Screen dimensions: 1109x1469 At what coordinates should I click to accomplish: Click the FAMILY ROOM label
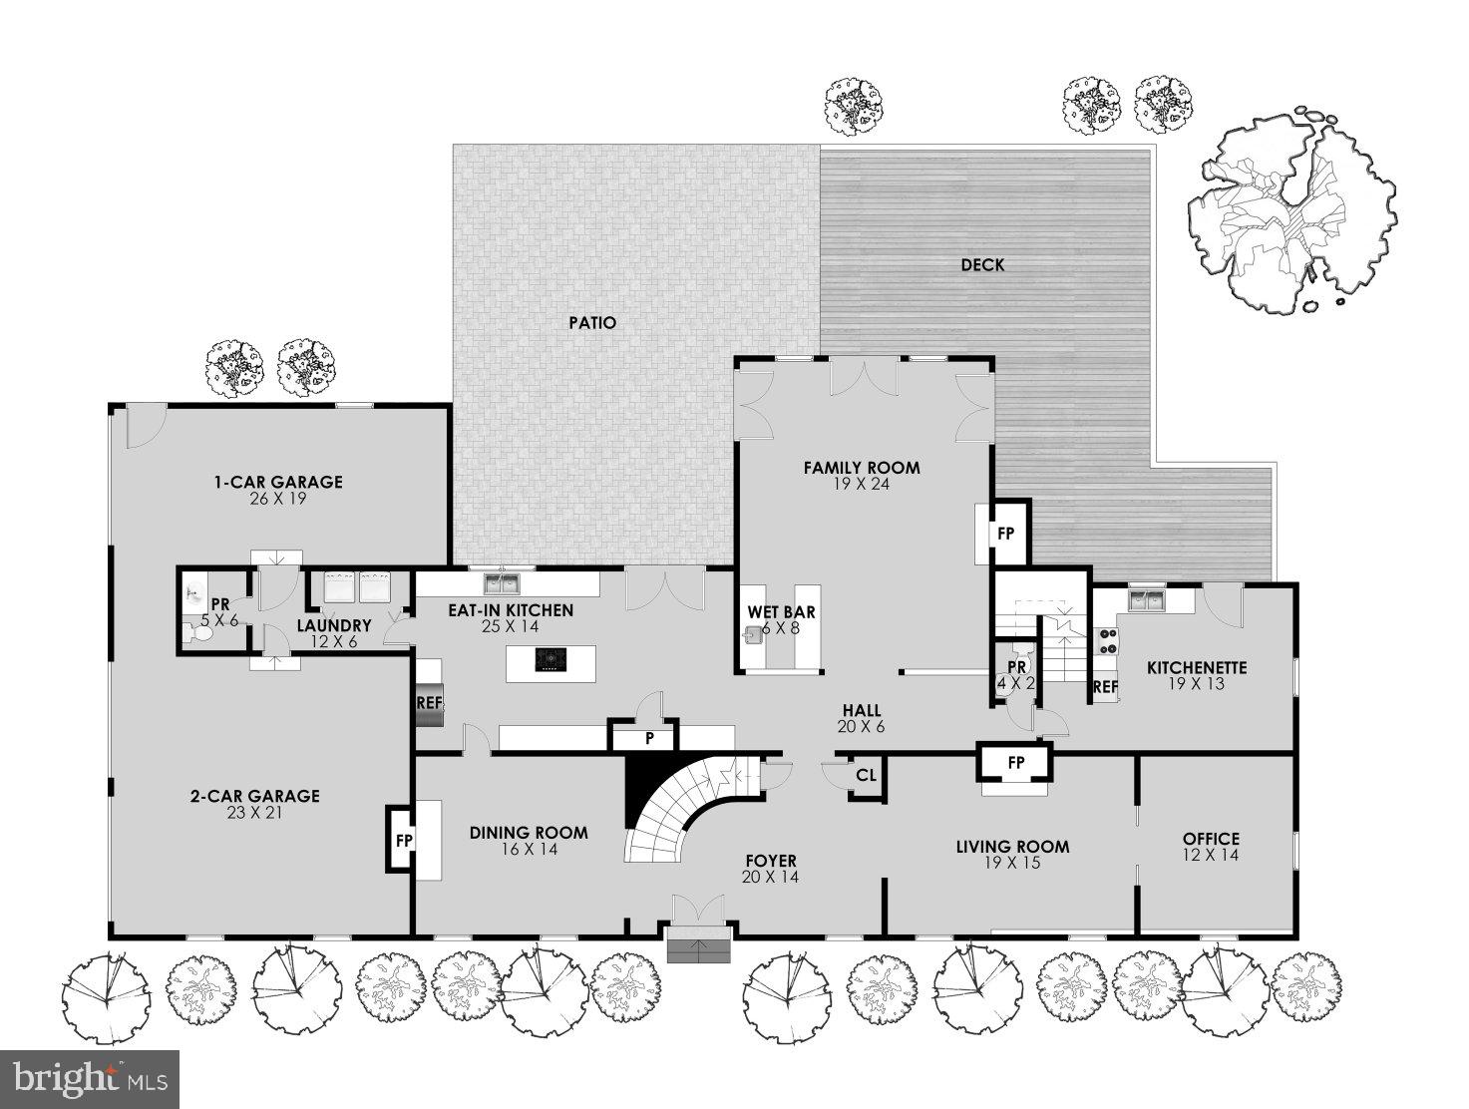point(862,467)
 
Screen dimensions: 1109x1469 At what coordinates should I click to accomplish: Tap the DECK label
point(982,265)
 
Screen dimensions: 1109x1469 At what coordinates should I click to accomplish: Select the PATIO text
point(592,323)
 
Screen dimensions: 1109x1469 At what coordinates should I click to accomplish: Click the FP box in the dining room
point(403,840)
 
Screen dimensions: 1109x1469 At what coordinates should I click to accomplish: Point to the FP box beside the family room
point(1005,534)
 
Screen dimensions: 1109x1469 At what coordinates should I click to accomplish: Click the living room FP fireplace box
point(1015,763)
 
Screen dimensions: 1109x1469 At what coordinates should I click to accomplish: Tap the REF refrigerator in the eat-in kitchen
point(429,703)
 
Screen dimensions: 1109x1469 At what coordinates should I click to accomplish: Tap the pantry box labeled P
point(649,739)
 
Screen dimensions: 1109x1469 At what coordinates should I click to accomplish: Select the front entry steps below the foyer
point(700,948)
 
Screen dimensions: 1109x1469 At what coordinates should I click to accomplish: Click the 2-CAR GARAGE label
point(255,796)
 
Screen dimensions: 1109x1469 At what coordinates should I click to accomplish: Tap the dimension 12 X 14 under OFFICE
point(1211,855)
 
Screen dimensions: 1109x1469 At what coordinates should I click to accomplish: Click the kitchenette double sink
point(1147,599)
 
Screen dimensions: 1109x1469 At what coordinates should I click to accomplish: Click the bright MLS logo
point(90,1079)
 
